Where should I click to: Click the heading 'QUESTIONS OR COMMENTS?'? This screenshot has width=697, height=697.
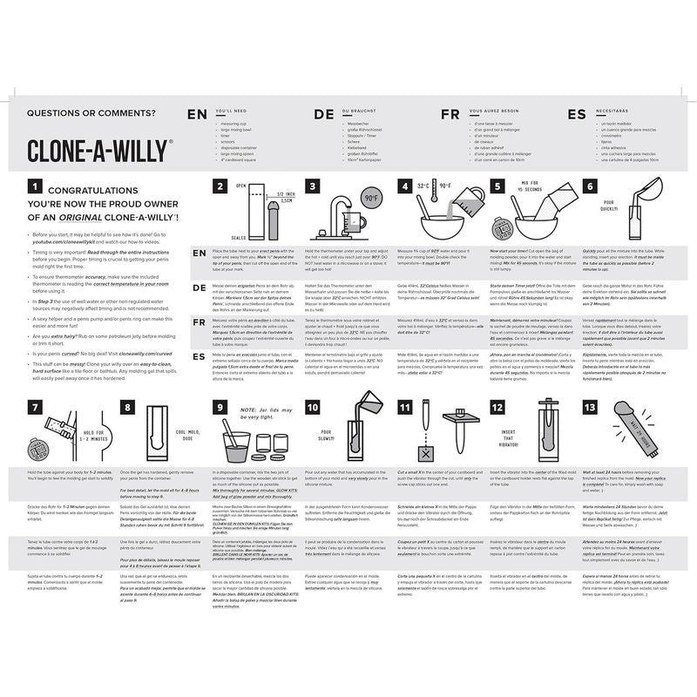91,112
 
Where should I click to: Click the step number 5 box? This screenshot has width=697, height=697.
497,186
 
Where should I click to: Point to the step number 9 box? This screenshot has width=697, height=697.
220,406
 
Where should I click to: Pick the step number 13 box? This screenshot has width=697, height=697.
590,406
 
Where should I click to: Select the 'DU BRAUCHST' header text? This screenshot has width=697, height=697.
361,112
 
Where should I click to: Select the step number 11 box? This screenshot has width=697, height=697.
405,406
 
